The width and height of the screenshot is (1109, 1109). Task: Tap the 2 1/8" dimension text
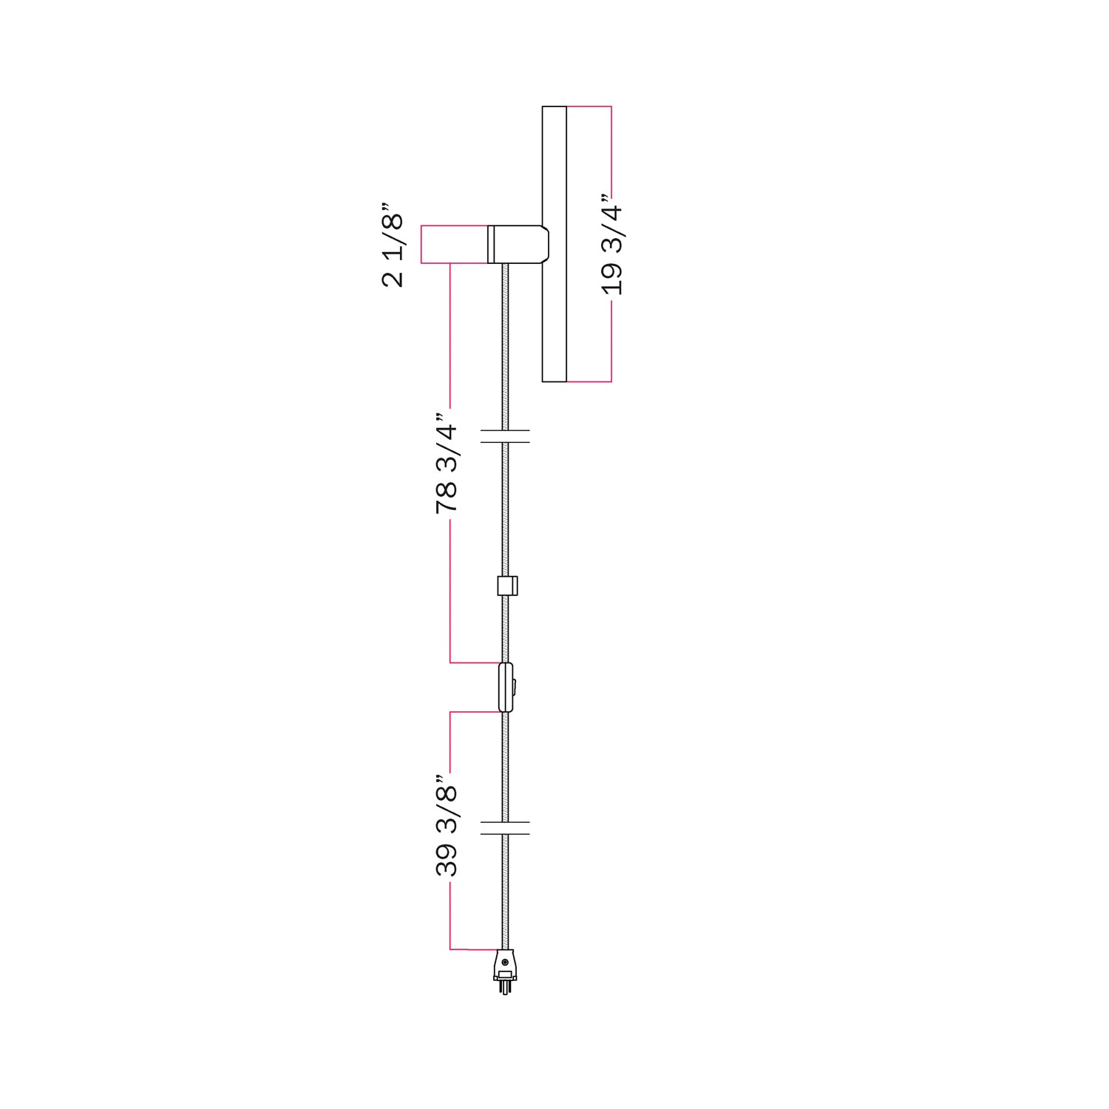tap(393, 245)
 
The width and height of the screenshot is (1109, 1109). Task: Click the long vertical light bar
tap(554, 244)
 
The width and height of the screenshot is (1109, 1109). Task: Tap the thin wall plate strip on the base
tap(490, 244)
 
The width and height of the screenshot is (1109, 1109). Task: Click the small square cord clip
tap(506, 586)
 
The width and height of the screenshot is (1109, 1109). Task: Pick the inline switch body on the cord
tap(505, 688)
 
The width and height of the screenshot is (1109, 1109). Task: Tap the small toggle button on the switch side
tap(514, 688)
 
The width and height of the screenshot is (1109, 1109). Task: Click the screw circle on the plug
tap(505, 962)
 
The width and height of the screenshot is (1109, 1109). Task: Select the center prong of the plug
tap(505, 988)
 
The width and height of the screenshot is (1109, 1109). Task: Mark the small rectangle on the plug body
tap(505, 974)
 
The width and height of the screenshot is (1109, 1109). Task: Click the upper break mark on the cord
tap(505, 436)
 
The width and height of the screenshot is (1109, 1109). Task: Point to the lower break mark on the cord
tap(505, 827)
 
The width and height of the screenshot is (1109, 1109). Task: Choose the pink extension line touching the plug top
tap(473, 949)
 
